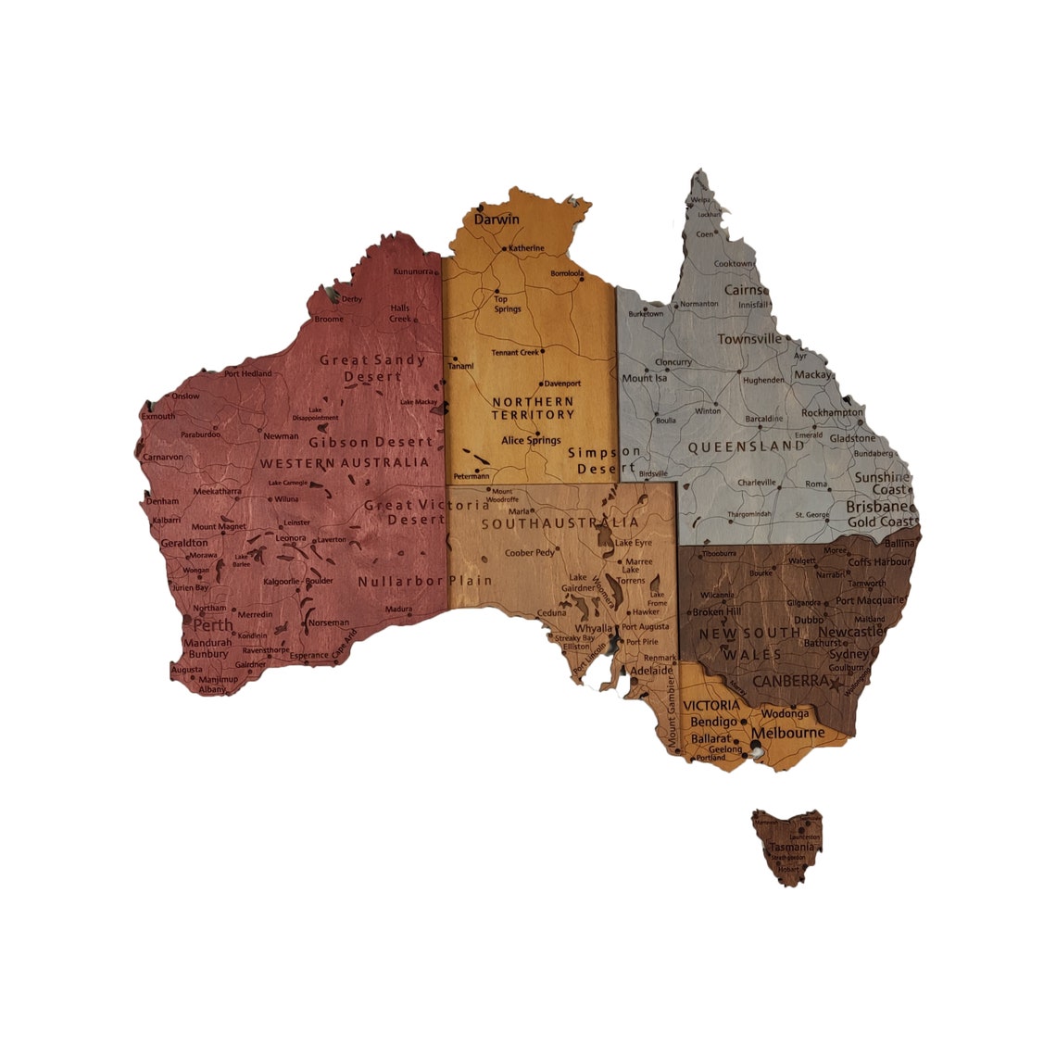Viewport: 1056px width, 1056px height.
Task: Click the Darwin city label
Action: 497,220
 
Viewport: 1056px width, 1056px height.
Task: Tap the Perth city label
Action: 213,624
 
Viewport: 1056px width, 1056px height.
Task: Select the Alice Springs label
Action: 531,441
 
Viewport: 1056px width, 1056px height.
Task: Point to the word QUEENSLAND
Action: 746,446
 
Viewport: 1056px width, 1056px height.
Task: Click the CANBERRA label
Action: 790,681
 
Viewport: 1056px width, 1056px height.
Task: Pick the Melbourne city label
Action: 787,733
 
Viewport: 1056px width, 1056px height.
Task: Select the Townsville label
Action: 749,339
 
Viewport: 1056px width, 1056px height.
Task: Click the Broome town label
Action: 329,320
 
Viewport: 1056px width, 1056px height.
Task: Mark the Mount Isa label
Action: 644,378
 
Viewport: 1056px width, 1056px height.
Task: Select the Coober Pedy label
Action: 529,553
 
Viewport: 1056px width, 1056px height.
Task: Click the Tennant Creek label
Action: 515,353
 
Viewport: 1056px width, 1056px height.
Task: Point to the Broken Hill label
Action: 716,612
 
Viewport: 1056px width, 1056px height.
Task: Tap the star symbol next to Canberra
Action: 838,685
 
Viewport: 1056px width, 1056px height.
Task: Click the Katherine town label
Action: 526,248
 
